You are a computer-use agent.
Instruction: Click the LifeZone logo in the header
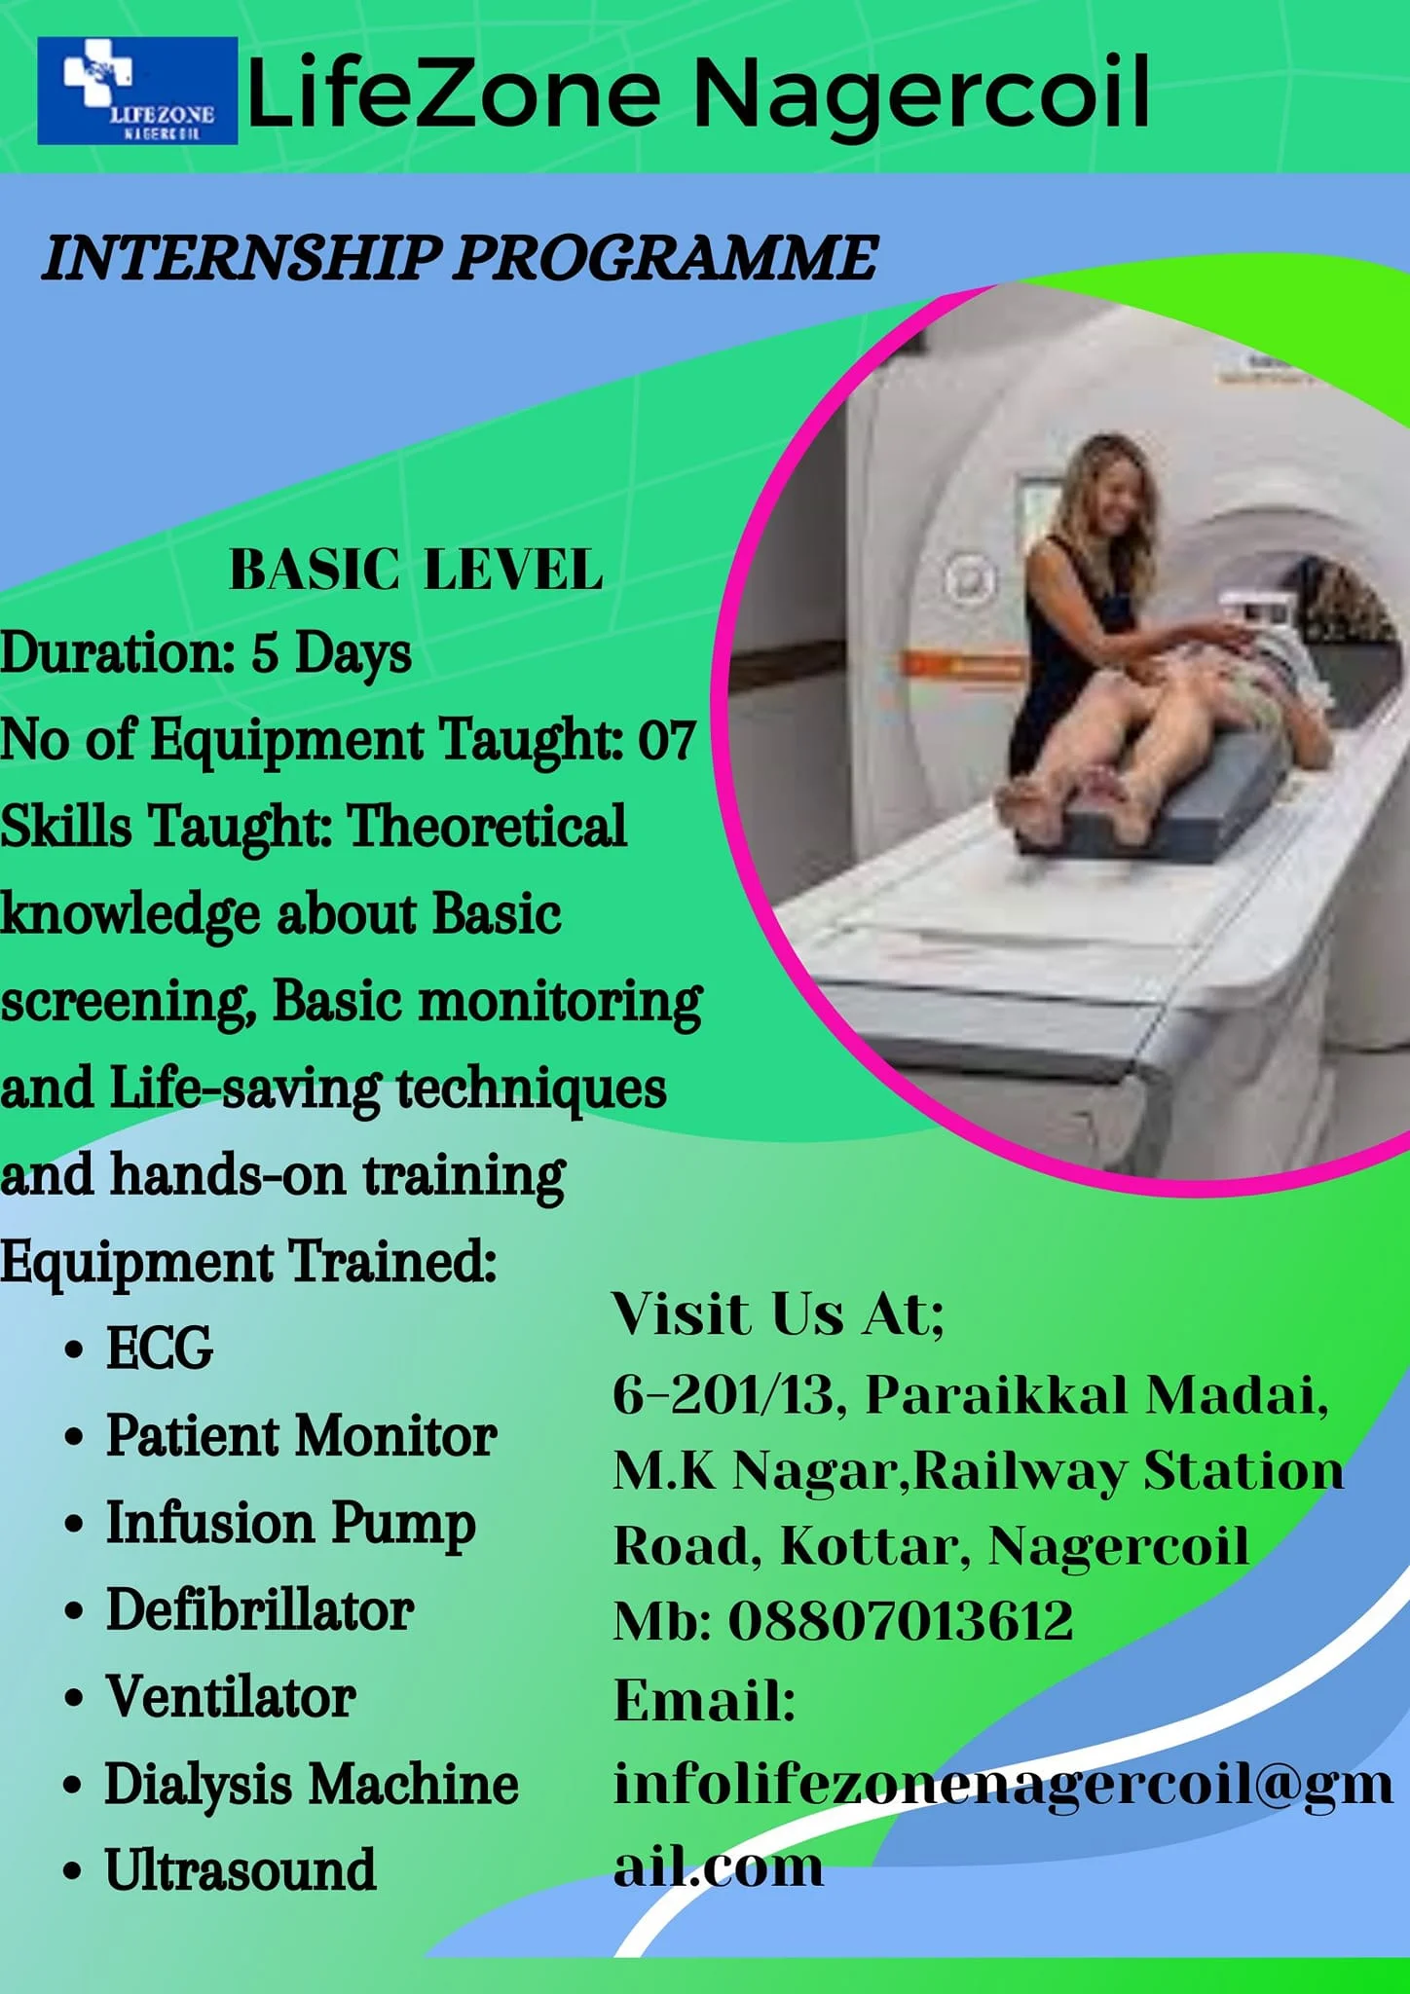(137, 91)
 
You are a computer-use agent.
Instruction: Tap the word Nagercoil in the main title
(921, 93)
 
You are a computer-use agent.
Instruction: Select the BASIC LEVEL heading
(416, 570)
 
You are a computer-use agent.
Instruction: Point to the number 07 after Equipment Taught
(667, 740)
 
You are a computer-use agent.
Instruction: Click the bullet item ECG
(159, 1348)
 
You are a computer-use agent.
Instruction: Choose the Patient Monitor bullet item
(302, 1435)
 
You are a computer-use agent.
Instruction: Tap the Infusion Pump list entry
(291, 1525)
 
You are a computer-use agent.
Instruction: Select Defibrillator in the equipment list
(260, 1609)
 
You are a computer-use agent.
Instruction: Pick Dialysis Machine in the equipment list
(312, 1785)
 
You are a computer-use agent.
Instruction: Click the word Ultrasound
(241, 1870)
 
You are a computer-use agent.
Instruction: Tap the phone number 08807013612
(901, 1621)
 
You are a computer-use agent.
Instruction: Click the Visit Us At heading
(778, 1313)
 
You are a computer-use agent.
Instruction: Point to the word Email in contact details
(705, 1701)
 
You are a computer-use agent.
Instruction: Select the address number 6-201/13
(724, 1394)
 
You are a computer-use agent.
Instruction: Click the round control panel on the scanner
(969, 580)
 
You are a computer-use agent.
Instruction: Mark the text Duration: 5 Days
(205, 652)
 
